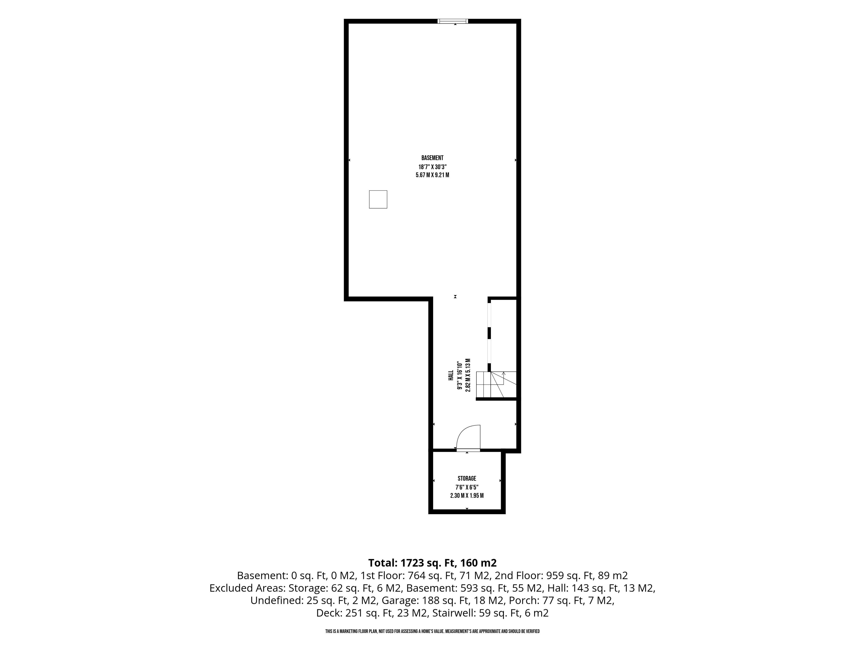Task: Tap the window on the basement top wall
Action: pyautogui.click(x=453, y=21)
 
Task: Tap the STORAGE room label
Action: pyautogui.click(x=467, y=478)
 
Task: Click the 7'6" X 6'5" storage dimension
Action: pyautogui.click(x=467, y=487)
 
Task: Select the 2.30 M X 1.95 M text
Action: pyautogui.click(x=467, y=496)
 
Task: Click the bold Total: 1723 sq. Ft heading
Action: pyautogui.click(x=412, y=563)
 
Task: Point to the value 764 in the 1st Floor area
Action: pyautogui.click(x=415, y=576)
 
